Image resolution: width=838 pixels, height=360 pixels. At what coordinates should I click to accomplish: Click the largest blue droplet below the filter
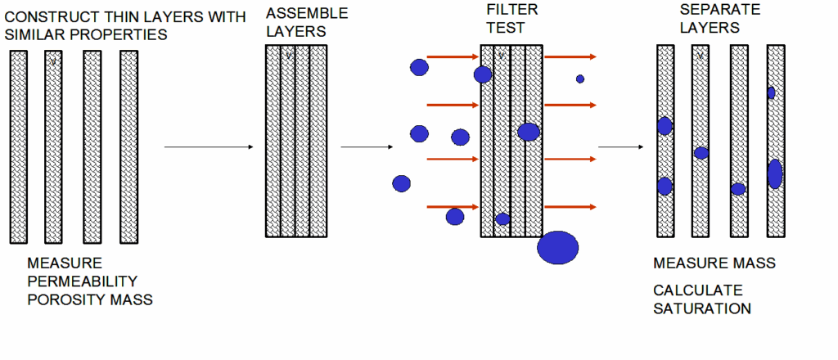(557, 247)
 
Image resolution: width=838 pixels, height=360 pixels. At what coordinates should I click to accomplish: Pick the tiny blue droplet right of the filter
(580, 79)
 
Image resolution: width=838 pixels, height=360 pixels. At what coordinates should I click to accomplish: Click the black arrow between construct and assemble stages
(209, 147)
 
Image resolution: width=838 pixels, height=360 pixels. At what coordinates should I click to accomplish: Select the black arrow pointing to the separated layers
(619, 147)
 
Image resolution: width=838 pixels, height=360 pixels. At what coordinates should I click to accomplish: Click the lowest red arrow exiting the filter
(570, 207)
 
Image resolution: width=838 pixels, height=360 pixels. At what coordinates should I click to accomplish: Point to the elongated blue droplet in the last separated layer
(775, 173)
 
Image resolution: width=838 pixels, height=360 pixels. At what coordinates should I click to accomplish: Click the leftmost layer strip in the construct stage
(20, 146)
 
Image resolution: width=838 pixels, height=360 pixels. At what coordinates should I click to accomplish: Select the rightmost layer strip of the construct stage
(128, 146)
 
